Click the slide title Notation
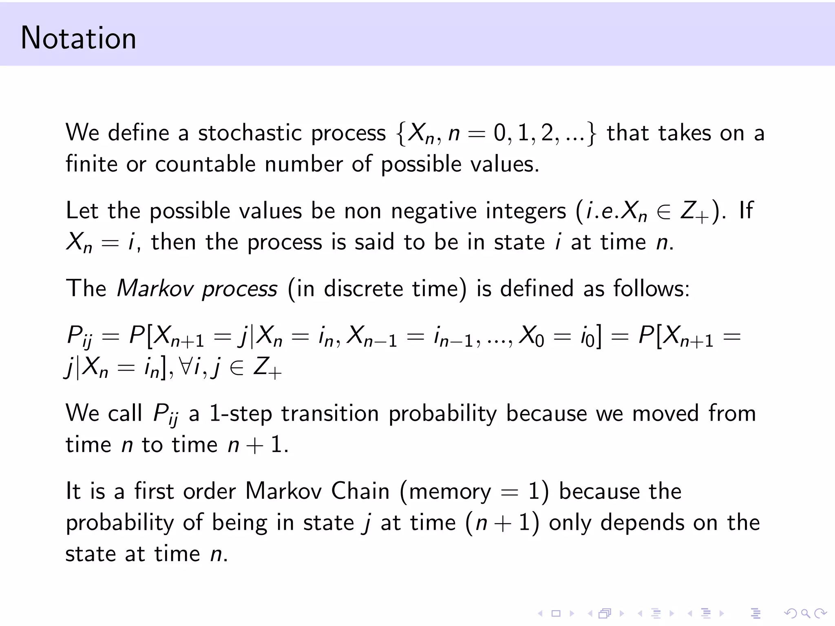pos(78,38)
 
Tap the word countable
pos(205,164)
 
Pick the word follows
pos(651,289)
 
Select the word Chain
pos(360,491)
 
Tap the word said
pos(374,242)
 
